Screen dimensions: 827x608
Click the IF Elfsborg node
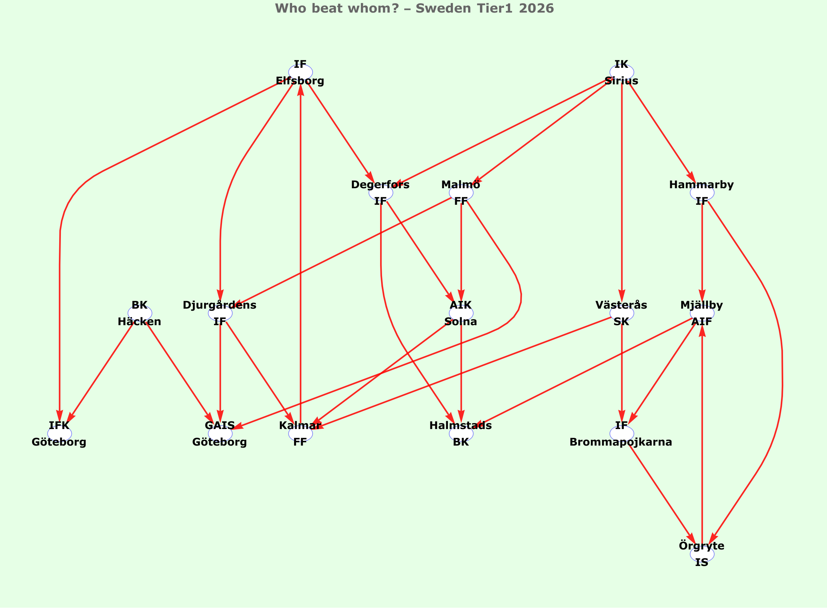click(x=300, y=72)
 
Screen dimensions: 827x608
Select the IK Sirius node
click(x=622, y=72)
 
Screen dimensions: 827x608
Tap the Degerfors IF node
click(x=380, y=193)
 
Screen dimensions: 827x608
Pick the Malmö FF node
click(x=461, y=193)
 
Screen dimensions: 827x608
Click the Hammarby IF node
click(x=702, y=193)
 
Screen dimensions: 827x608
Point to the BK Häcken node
click(x=140, y=313)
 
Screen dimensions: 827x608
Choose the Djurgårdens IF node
click(x=220, y=313)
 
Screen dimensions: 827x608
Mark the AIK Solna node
click(x=461, y=313)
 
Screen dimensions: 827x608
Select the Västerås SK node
click(x=622, y=313)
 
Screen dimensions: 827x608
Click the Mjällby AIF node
click(x=702, y=313)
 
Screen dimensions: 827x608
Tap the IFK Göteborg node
click(x=59, y=434)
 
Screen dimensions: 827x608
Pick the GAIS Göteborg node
click(x=220, y=434)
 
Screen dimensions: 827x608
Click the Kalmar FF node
click(x=300, y=434)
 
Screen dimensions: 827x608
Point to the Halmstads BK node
click(x=461, y=434)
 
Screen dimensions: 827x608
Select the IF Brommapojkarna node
click(x=622, y=434)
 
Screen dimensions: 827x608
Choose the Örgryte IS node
click(x=702, y=554)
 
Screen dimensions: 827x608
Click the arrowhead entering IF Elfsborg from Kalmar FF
click(x=301, y=90)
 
